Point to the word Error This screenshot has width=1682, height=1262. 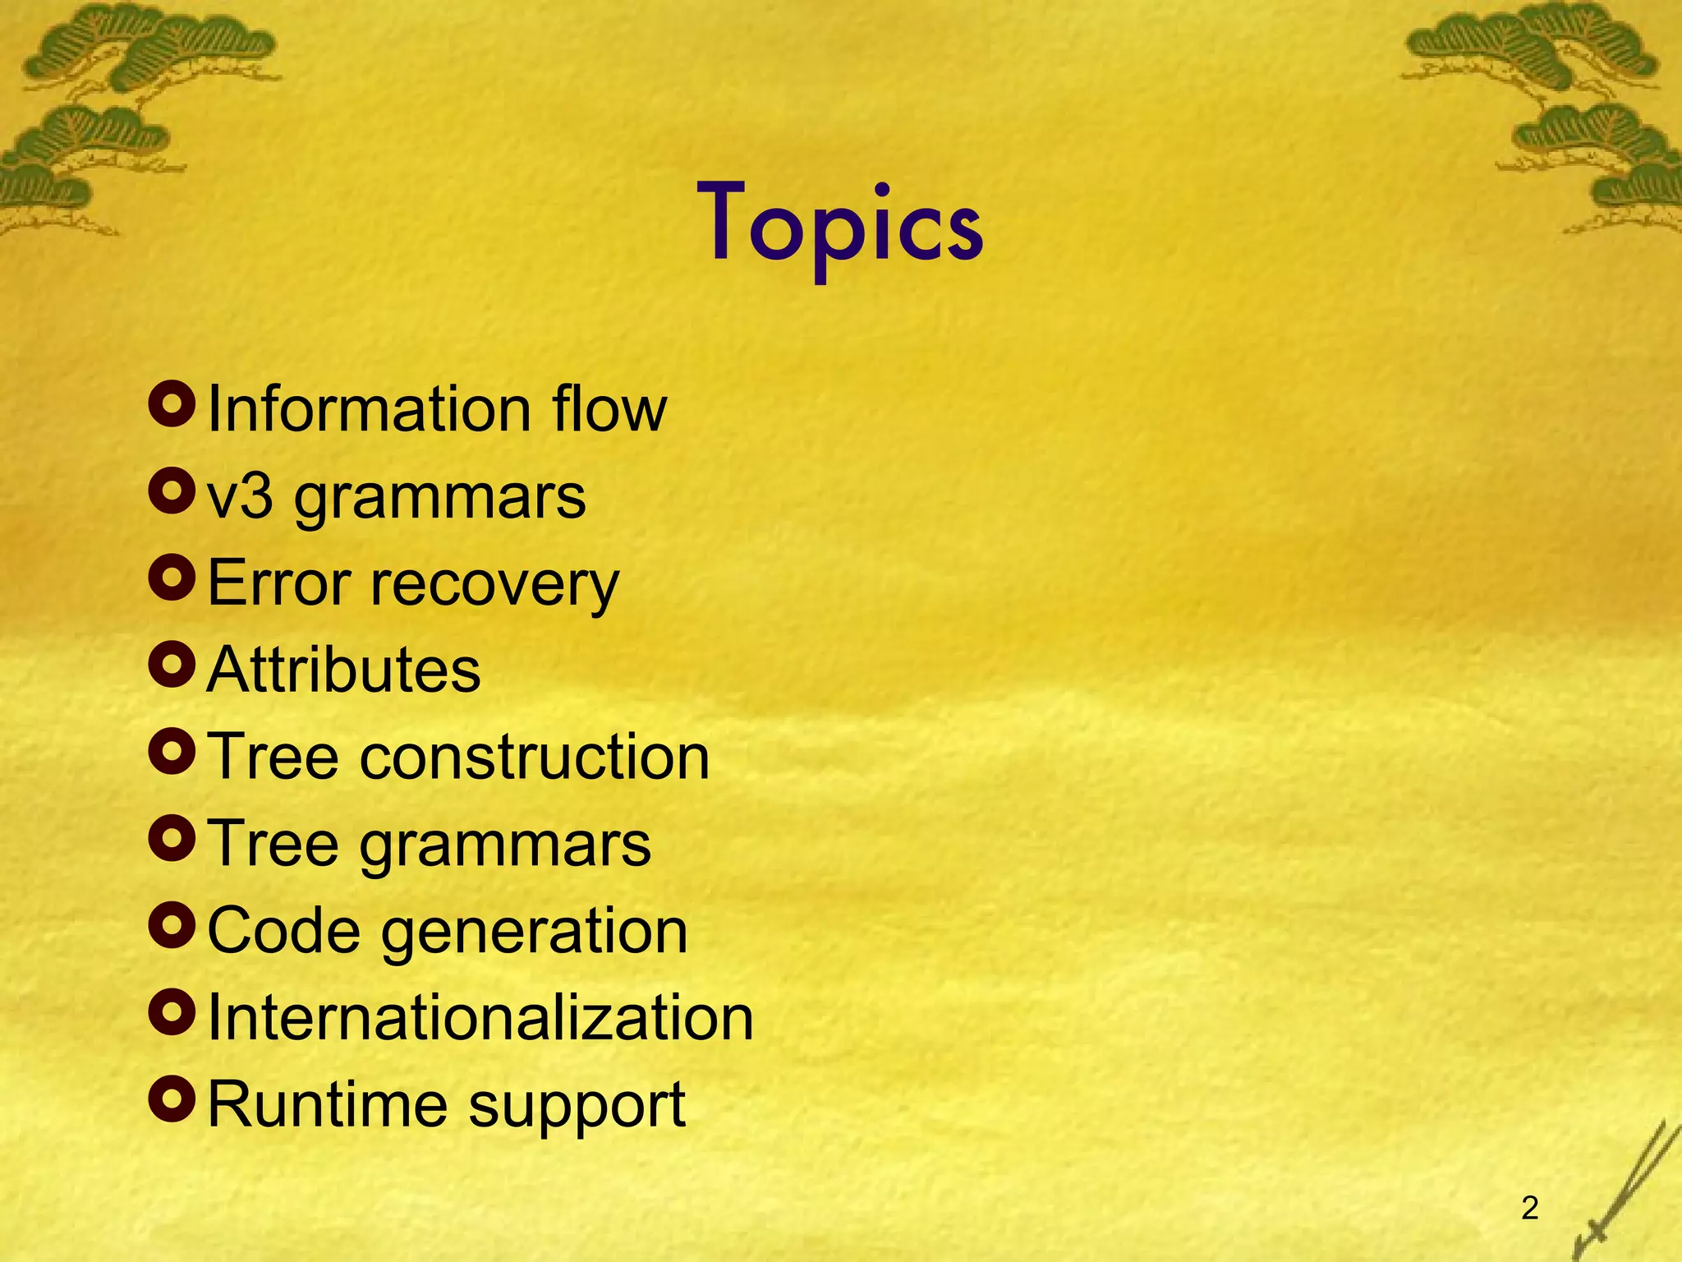tap(279, 583)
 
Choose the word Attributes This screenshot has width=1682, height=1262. tap(343, 670)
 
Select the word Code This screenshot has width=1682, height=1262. tap(283, 931)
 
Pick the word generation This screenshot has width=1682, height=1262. tap(534, 933)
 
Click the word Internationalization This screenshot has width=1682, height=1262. tap(480, 1018)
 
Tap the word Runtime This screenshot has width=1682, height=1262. tap(324, 1104)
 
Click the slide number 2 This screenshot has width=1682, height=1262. tap(1529, 1208)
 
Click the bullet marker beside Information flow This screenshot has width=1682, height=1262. tap(172, 403)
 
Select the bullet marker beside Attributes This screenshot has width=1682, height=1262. tap(172, 665)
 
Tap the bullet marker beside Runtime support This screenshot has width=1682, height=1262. tap(172, 1099)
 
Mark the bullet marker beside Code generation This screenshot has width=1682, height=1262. tap(172, 925)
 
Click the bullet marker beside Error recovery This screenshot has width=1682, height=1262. tap(172, 578)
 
